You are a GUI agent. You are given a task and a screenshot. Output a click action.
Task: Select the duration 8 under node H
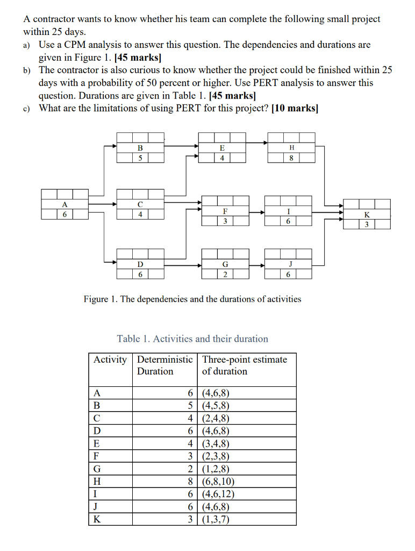291,158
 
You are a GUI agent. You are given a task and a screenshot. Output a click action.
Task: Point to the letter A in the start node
65,204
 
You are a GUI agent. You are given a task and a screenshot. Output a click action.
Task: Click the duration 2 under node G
225,274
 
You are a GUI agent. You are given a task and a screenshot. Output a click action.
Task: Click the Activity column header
110,359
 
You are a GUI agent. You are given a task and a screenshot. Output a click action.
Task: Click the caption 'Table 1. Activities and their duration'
192,338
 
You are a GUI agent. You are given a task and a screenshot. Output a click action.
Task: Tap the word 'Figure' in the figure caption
97,299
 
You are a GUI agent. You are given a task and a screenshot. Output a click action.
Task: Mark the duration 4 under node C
140,214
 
